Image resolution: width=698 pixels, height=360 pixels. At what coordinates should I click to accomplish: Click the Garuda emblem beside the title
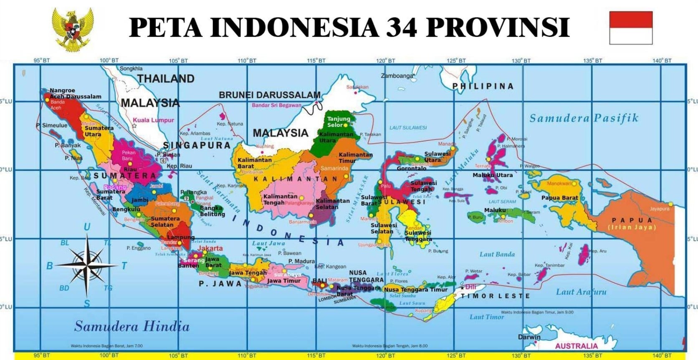tap(73, 29)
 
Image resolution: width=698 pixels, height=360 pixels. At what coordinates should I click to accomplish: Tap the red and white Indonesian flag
tap(630, 28)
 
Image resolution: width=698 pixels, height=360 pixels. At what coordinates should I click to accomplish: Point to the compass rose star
tap(86, 265)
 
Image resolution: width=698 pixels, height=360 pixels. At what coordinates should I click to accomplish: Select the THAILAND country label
tap(166, 79)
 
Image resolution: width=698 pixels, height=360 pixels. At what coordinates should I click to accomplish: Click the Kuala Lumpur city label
tap(153, 120)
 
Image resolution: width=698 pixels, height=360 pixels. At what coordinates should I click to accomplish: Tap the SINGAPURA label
tap(197, 145)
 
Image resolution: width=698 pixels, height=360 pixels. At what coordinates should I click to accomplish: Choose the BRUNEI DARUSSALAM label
tap(270, 95)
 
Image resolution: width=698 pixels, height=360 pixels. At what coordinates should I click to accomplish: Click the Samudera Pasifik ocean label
tap(584, 118)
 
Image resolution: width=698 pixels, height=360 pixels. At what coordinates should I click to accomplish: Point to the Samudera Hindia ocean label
tap(132, 326)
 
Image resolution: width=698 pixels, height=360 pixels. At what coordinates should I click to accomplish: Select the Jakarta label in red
tap(210, 248)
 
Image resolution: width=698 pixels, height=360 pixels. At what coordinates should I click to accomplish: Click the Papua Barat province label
tap(559, 198)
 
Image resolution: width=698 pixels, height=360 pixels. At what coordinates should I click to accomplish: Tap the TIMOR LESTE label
tap(495, 296)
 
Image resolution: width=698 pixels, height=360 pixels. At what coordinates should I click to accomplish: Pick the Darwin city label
tap(529, 337)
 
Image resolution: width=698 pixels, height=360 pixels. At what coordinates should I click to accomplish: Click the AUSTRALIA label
tap(576, 346)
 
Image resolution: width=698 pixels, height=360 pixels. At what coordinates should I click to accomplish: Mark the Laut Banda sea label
tap(497, 254)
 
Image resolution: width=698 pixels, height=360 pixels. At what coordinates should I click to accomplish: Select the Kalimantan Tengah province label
tap(280, 199)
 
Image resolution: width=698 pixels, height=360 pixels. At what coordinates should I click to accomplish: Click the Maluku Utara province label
tap(492, 175)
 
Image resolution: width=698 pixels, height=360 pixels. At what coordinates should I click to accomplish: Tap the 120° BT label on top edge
tap(385, 61)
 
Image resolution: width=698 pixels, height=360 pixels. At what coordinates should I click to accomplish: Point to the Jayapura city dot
tap(670, 204)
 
